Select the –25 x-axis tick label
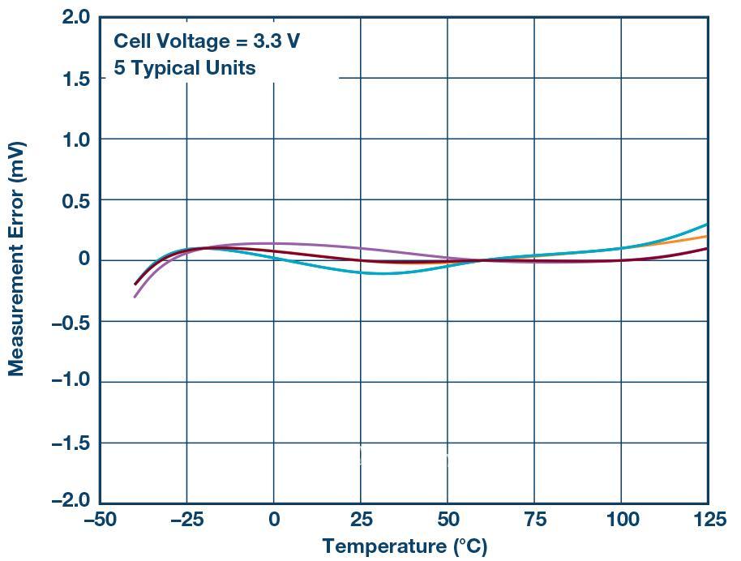pos(188,520)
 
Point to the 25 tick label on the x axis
pos(361,520)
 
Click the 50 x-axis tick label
pos(447,520)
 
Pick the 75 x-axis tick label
pos(534,520)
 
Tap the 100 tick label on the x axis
pos(621,520)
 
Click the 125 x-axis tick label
pos(708,520)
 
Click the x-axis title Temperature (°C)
pos(405,546)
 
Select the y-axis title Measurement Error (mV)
pos(16,259)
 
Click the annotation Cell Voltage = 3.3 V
pos(207,41)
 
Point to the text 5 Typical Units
pos(184,68)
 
